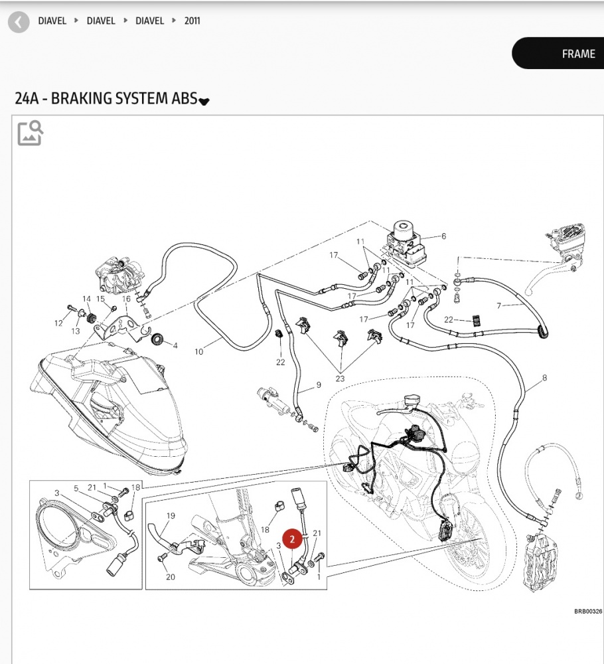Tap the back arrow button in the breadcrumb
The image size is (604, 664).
[x=20, y=21]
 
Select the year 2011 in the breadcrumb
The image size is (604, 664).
[x=192, y=21]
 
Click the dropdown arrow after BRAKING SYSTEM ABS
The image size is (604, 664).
[x=204, y=101]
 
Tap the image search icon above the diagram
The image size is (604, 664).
[x=31, y=133]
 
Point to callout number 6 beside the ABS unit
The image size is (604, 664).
[x=443, y=236]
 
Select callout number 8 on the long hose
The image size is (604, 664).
[x=544, y=378]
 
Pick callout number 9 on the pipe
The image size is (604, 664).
[x=318, y=385]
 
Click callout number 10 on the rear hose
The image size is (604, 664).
[x=198, y=351]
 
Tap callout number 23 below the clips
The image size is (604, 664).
[x=340, y=378]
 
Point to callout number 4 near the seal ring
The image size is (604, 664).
[x=175, y=345]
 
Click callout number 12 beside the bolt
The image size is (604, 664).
[x=58, y=323]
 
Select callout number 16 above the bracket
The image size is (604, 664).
[x=126, y=299]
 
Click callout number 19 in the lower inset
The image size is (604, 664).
[x=171, y=516]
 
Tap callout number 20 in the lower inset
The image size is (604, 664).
[x=170, y=577]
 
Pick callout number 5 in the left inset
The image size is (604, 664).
[x=76, y=489]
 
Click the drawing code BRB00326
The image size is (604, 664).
[x=587, y=612]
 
